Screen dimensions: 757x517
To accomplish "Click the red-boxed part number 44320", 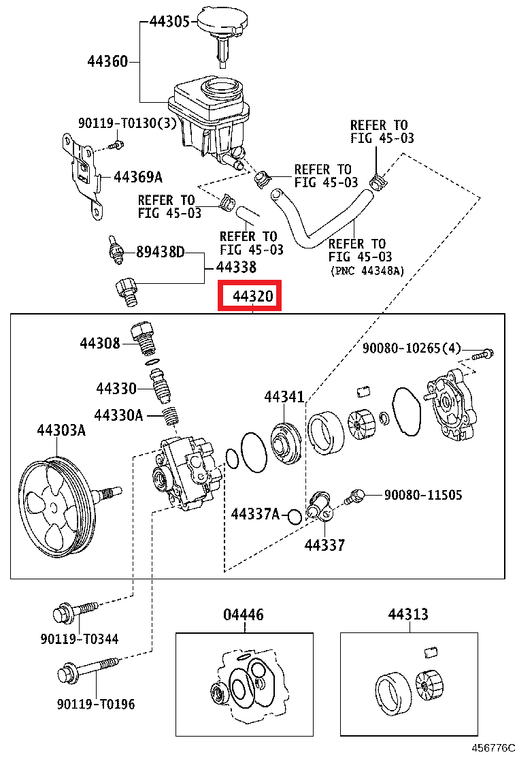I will click(x=249, y=297).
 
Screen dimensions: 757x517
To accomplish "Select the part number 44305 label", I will click(x=169, y=22).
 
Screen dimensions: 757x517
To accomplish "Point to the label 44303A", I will click(x=61, y=430).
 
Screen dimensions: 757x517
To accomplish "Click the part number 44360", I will click(x=107, y=62).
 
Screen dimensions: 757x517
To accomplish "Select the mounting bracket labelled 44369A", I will click(x=83, y=172).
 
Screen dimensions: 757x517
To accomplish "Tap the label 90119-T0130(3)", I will click(x=127, y=123).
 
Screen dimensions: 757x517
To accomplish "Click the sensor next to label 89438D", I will click(x=116, y=251).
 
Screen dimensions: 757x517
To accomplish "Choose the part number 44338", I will click(x=237, y=268).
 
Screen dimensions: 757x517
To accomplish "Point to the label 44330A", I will click(x=118, y=415).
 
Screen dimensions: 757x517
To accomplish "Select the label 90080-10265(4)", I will click(x=411, y=349).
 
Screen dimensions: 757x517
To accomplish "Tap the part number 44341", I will click(x=284, y=397).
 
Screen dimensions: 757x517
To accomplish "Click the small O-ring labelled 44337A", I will click(x=295, y=517).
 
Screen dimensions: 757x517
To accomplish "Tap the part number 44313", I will click(x=408, y=615).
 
